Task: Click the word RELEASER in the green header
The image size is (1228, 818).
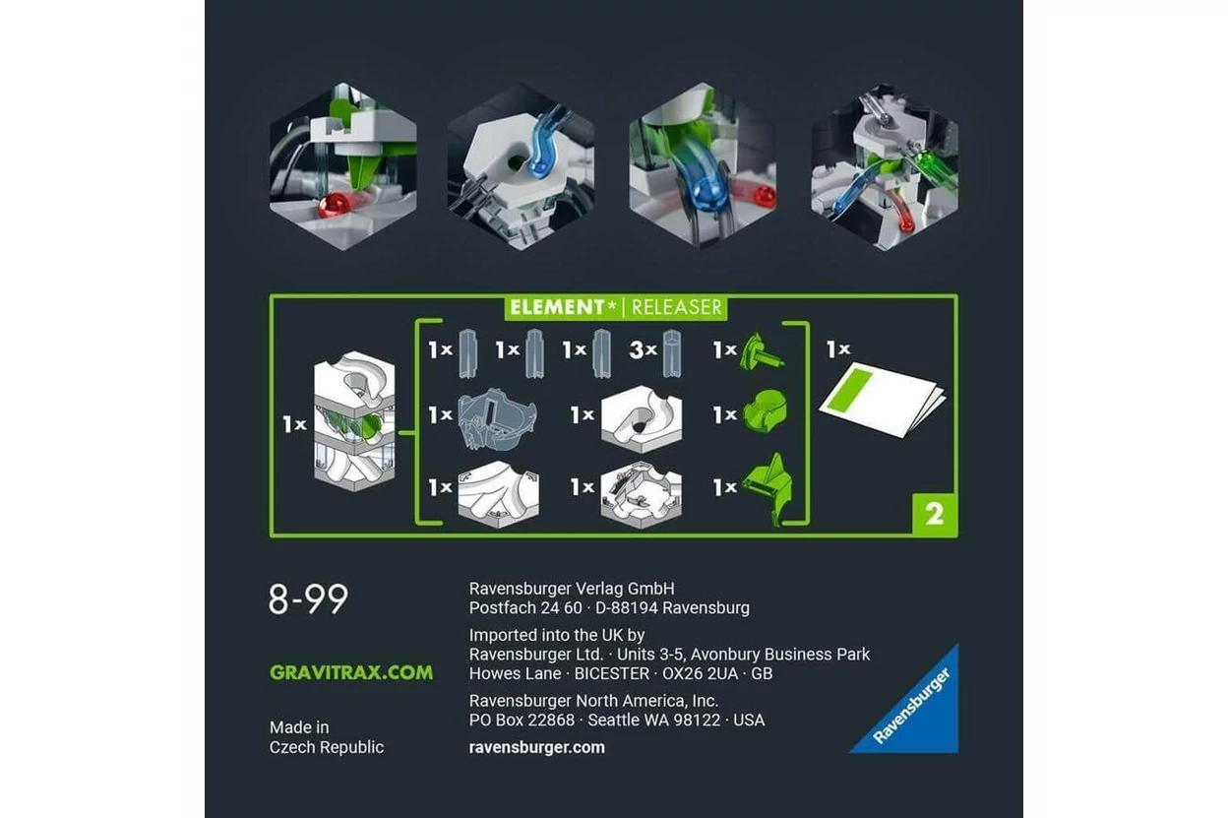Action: [x=677, y=307]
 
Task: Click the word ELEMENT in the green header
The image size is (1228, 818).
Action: [x=557, y=307]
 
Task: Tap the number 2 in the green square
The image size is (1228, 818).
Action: [x=935, y=514]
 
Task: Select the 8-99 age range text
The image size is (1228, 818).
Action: [x=308, y=598]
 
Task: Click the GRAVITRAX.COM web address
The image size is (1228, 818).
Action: [x=351, y=672]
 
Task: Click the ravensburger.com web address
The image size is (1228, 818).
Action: [x=536, y=747]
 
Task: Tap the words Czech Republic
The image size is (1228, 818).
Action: [x=327, y=747]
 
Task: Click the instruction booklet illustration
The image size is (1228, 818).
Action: [x=882, y=399]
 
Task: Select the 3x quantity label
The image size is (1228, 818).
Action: [x=644, y=349]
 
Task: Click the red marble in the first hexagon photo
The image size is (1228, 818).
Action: [x=334, y=206]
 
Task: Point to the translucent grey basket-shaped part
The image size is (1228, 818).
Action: [x=496, y=418]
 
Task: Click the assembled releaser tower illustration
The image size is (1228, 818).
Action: [x=354, y=421]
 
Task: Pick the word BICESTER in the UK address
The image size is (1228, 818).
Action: [x=611, y=673]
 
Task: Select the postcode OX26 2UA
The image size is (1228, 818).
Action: [x=700, y=673]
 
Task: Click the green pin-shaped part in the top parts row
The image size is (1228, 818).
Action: [x=762, y=351]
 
